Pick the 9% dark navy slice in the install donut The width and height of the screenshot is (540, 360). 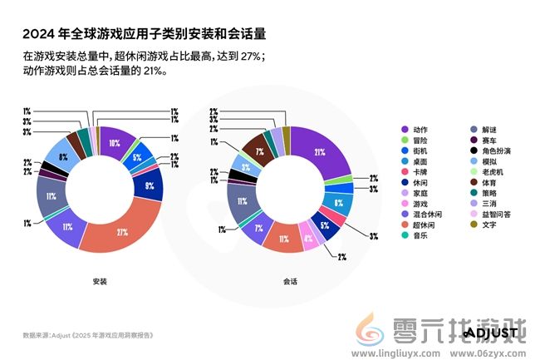(x=150, y=185)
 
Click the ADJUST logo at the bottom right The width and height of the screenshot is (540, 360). (x=490, y=333)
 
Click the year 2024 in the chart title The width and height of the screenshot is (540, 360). (x=39, y=34)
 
